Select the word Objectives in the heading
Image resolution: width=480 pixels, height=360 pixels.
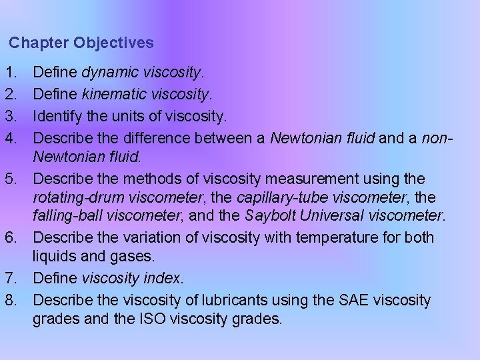[x=113, y=43]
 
